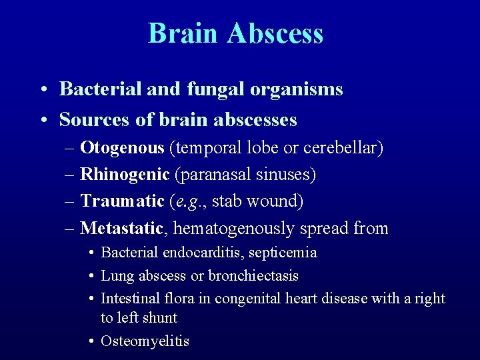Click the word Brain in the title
[183, 33]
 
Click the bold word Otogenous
[122, 147]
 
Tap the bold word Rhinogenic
[125, 175]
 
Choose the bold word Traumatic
[122, 201]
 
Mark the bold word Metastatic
[121, 228]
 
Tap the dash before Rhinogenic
[71, 175]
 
